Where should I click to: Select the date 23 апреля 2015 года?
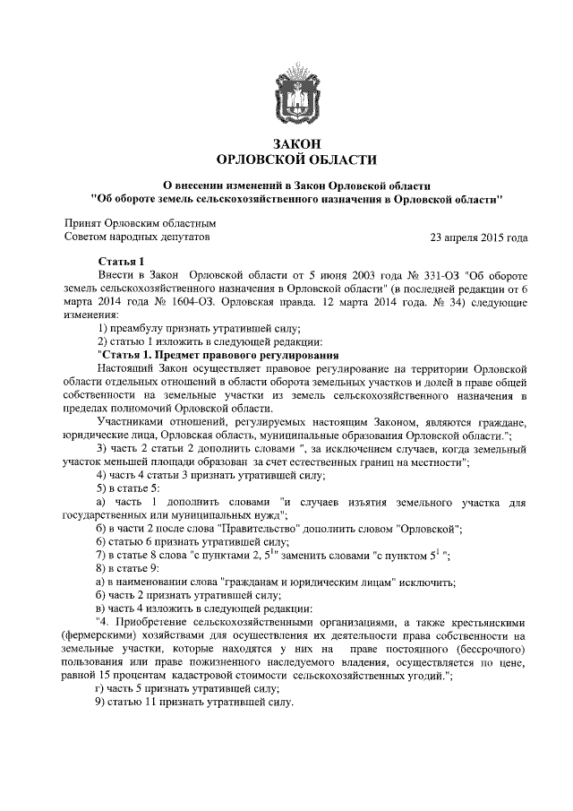pos(479,237)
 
